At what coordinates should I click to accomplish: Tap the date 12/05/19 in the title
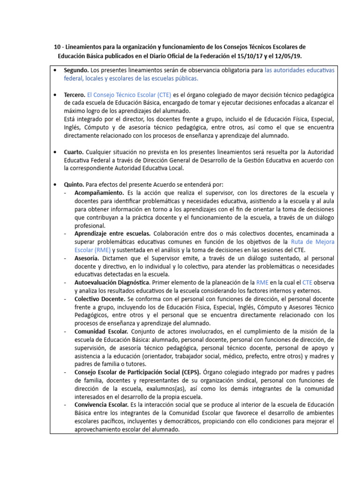click(286, 55)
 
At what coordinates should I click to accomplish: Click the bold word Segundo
click(76, 70)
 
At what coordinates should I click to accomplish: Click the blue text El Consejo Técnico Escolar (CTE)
click(129, 94)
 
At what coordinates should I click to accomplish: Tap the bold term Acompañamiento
click(99, 193)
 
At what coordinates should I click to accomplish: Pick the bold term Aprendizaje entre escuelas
click(112, 233)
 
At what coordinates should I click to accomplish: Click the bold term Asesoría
click(86, 258)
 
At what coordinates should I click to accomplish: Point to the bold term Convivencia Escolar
click(100, 404)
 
